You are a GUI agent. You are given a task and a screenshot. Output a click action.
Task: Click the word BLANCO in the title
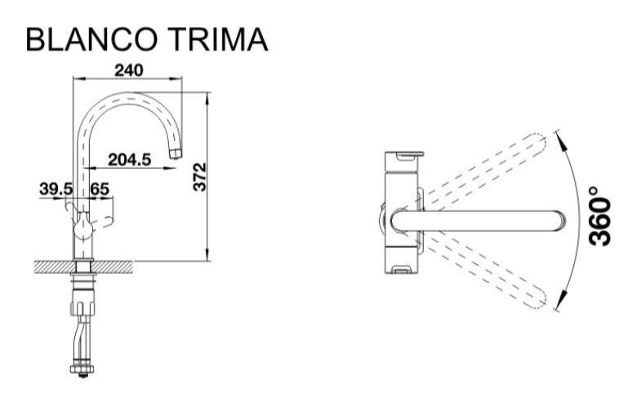(91, 40)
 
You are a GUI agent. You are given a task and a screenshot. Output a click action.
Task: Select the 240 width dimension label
(128, 70)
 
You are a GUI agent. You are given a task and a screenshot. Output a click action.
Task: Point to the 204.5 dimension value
(129, 159)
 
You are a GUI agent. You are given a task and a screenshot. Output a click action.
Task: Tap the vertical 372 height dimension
(200, 177)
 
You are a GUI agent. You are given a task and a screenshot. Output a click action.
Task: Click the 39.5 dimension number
(56, 188)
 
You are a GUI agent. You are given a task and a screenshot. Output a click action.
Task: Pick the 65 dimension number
(100, 188)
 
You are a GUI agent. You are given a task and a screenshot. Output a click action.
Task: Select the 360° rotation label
(600, 215)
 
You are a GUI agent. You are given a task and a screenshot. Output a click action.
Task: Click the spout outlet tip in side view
(176, 153)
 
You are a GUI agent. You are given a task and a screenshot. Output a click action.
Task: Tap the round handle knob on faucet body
(83, 228)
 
